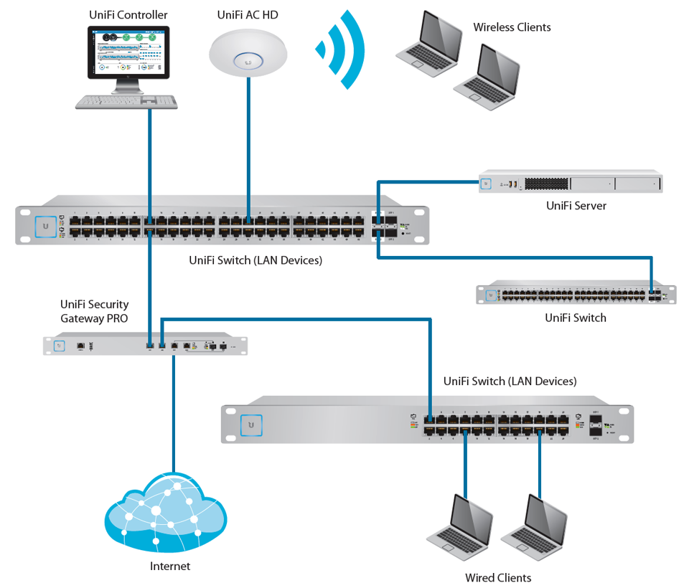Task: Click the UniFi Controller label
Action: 128,15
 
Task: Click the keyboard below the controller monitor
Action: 127,102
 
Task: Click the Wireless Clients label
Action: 512,27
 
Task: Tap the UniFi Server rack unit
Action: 571,184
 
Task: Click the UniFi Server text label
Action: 576,206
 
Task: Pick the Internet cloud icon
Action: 162,512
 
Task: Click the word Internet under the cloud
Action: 170,566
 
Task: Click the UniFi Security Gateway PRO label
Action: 94,311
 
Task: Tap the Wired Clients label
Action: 498,578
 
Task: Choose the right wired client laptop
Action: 534,528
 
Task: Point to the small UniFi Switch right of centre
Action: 576,295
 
